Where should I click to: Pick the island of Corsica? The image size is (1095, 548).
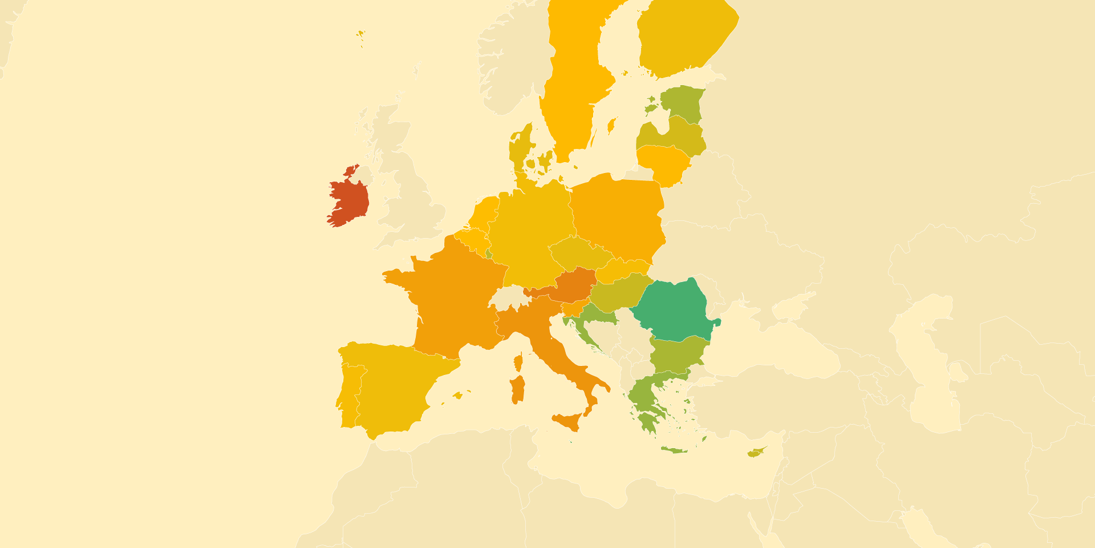(518, 362)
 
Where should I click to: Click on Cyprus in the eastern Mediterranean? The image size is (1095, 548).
(756, 453)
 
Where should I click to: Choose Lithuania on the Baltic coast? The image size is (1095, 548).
(664, 163)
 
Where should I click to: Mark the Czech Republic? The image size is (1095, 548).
(579, 254)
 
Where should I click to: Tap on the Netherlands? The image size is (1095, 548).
(485, 214)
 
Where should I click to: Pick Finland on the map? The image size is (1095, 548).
(684, 40)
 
